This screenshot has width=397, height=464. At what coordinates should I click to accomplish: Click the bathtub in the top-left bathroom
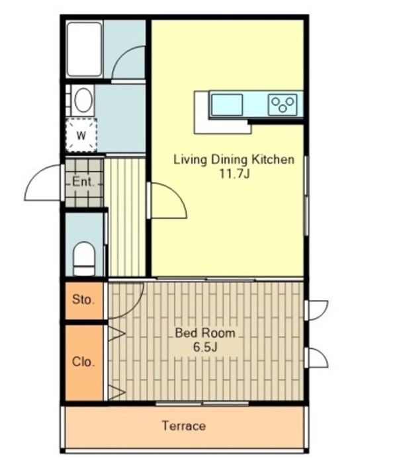84,50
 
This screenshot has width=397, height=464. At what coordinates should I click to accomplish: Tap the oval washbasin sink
83,100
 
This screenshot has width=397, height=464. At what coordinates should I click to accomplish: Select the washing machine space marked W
81,135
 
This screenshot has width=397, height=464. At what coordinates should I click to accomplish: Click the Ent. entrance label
83,182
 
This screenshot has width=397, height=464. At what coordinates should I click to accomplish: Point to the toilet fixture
84,258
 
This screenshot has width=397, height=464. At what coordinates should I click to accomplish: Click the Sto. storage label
83,300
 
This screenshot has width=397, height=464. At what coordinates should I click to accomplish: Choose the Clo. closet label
83,362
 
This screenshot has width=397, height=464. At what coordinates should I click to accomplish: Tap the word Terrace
184,426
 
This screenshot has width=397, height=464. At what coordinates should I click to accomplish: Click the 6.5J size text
205,347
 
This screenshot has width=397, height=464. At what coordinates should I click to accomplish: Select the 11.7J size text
234,174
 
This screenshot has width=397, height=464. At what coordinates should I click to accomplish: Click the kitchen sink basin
227,104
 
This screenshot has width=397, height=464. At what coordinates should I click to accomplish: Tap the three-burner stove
283,104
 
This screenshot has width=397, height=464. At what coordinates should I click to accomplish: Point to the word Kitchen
273,159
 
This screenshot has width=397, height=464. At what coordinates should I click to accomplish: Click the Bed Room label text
205,333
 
